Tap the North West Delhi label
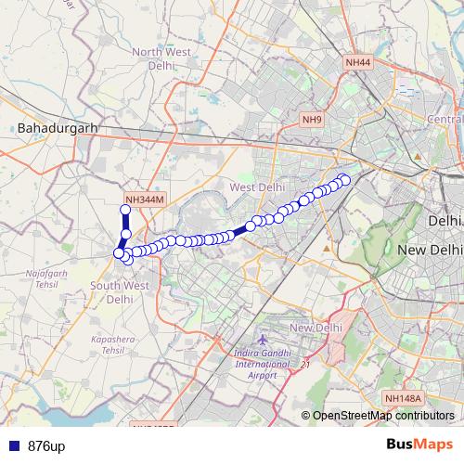(x=161, y=59)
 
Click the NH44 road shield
(x=357, y=62)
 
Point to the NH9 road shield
(x=312, y=120)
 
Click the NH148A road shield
(x=404, y=398)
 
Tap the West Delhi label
(x=257, y=187)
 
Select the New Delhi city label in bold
(x=429, y=251)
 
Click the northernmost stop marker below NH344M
(x=126, y=211)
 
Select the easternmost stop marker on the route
(x=345, y=179)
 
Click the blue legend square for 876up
(x=11, y=446)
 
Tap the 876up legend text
(x=46, y=446)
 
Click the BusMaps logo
(x=419, y=445)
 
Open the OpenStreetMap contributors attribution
(x=381, y=415)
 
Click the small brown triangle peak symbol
(x=326, y=249)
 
